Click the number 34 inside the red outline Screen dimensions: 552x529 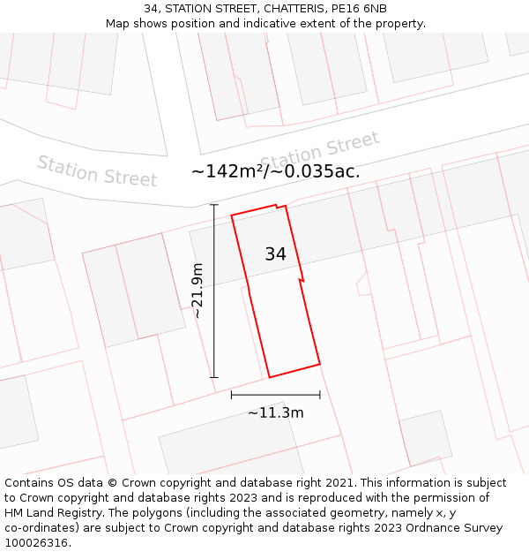pos(275,254)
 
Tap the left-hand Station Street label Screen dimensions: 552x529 pos(97,170)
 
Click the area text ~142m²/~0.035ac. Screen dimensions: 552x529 pos(275,171)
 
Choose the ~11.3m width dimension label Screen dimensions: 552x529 pos(275,412)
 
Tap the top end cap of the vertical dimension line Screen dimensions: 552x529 pos(213,204)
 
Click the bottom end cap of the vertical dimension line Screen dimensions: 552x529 pos(213,378)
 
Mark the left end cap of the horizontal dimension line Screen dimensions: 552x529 pos(231,395)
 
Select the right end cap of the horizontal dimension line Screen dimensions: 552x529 pos(320,395)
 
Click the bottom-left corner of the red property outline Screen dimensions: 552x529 pos(269,378)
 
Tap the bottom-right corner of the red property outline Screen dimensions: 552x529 pos(319,363)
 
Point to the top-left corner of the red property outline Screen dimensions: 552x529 pos(232,216)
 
